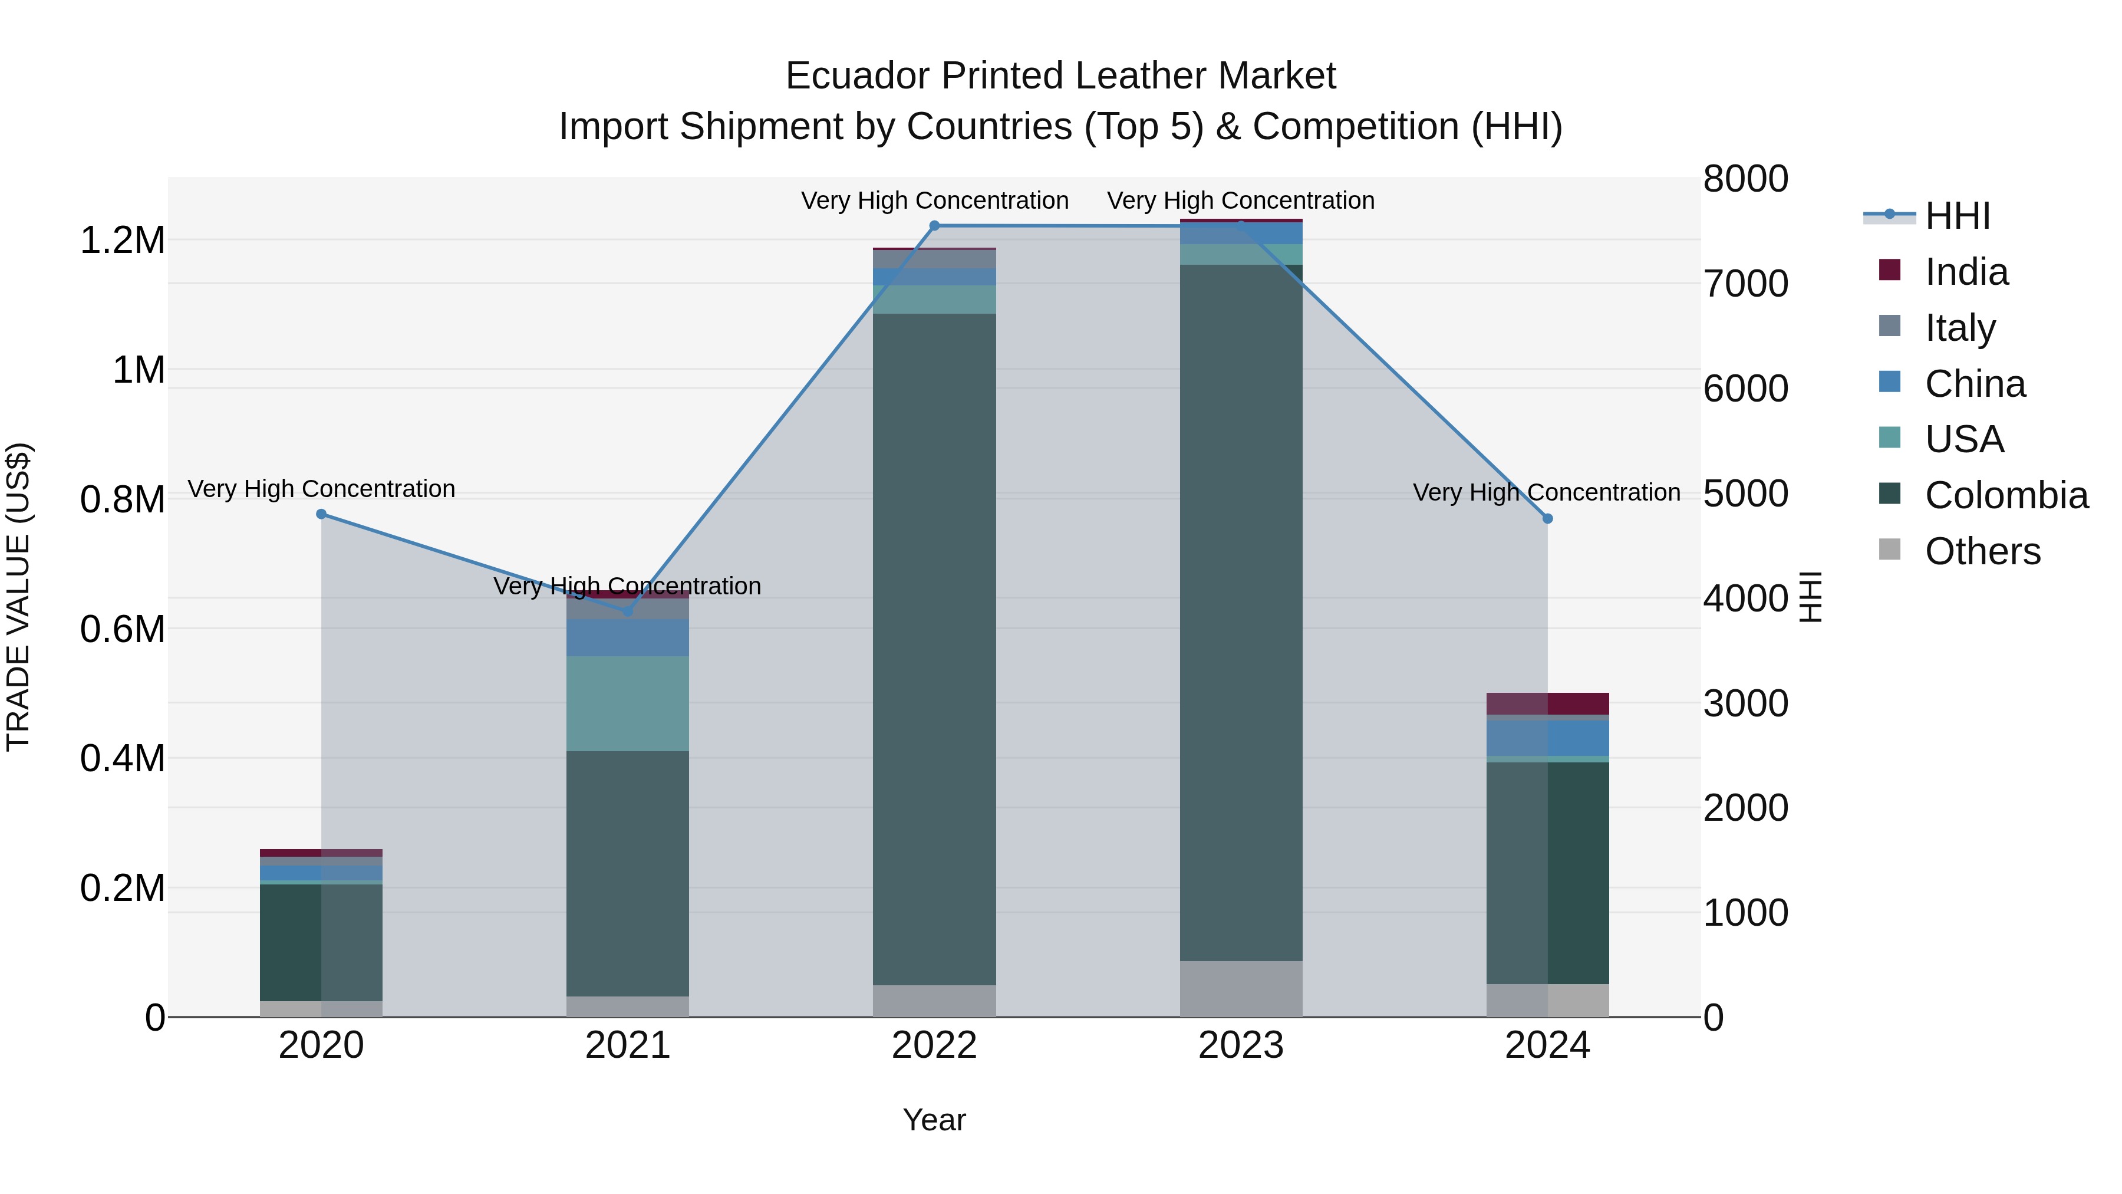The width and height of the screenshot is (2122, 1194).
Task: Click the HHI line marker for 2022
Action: [934, 226]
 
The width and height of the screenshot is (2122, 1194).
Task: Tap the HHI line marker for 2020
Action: [321, 514]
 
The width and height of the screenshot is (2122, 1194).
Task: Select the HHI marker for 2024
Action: [1547, 518]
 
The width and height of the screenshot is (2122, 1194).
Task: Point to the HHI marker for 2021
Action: [628, 611]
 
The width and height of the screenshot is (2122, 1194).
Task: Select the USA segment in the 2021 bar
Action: [628, 703]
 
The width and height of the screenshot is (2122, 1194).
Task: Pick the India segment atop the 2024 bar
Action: [1547, 703]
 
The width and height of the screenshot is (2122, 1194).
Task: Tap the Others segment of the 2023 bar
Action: [1241, 988]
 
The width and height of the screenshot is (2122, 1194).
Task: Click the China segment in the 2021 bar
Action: [628, 637]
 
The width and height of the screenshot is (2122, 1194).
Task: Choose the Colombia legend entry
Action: [2005, 495]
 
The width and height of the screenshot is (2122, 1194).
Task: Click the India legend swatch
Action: [1890, 270]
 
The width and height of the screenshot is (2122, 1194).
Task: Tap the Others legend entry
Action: [1981, 551]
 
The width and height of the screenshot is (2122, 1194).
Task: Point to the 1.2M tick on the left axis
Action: [122, 241]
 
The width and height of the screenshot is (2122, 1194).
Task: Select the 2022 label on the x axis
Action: [934, 1045]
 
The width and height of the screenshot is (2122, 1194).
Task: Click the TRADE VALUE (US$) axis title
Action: [18, 597]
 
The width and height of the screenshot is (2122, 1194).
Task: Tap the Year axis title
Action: [934, 1120]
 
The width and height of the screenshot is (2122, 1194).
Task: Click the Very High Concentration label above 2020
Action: [321, 489]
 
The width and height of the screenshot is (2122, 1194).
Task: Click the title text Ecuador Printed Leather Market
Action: [1060, 76]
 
